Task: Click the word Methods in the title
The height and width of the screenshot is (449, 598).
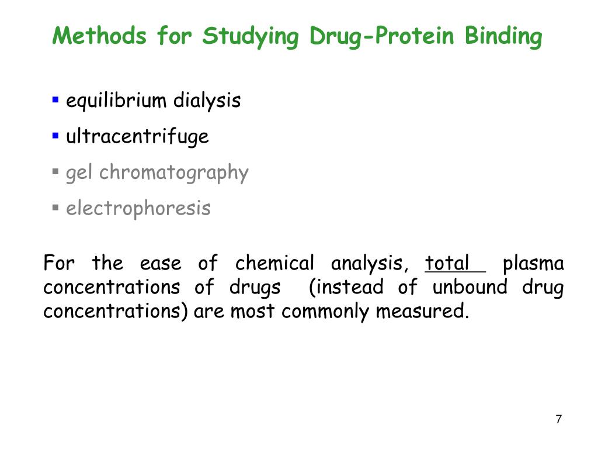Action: [x=99, y=36]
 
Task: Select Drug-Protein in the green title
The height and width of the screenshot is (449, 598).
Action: [x=381, y=36]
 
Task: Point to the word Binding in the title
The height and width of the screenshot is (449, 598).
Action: [x=503, y=36]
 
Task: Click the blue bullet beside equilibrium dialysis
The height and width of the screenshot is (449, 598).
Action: [x=55, y=100]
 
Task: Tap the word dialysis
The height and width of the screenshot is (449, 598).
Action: [x=207, y=101]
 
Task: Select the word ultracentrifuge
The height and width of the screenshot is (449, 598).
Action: [x=137, y=137]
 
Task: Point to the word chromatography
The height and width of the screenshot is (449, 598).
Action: [x=174, y=173]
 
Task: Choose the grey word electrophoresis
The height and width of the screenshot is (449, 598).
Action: [x=138, y=208]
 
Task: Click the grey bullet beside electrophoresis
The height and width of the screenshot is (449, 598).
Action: [x=55, y=208]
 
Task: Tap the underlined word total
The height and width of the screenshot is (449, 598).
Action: [x=447, y=263]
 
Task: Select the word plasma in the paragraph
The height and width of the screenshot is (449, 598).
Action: [x=533, y=263]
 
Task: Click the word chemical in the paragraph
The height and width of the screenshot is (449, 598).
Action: [x=274, y=263]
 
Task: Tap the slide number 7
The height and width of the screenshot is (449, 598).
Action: [x=559, y=419]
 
